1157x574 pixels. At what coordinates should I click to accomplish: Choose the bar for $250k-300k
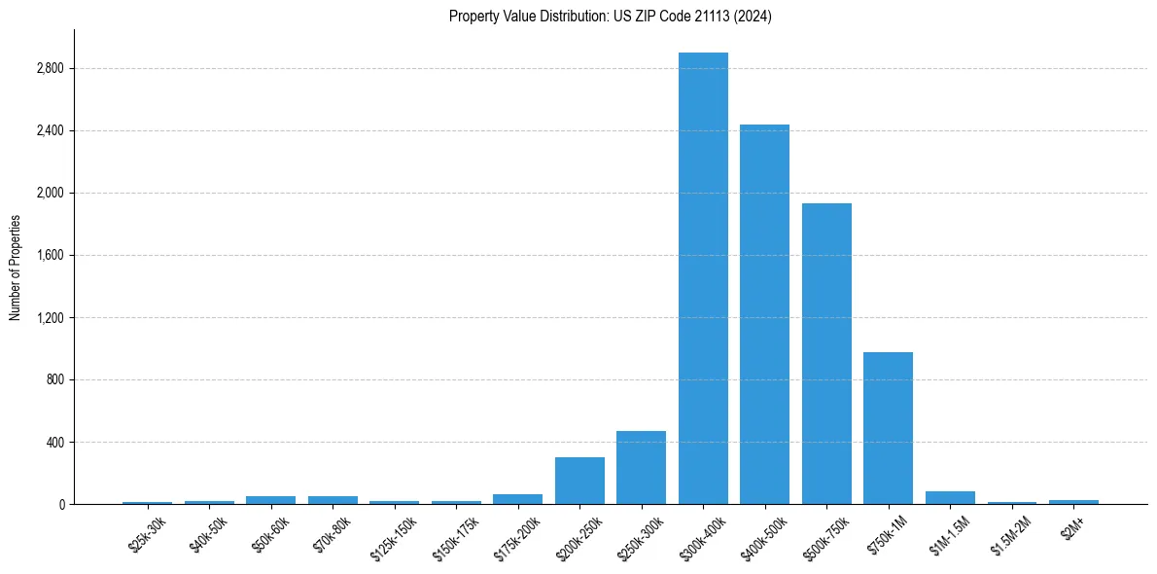(641, 468)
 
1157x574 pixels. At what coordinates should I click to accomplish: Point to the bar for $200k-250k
(579, 481)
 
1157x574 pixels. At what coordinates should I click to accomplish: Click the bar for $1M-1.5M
(950, 497)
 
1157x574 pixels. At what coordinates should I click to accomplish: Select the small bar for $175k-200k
(517, 499)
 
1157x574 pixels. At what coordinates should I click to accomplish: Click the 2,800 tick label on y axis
(50, 69)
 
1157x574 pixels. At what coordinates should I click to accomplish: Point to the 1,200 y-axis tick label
(50, 318)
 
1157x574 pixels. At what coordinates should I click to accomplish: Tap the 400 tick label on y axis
(54, 443)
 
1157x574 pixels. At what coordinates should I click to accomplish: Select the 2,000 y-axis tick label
(50, 194)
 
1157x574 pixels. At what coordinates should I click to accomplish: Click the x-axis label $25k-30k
(148, 536)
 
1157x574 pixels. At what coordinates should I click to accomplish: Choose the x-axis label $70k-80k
(333, 536)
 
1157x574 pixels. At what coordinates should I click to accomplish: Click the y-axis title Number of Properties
(15, 268)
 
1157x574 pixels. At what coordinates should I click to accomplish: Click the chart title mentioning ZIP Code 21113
(610, 17)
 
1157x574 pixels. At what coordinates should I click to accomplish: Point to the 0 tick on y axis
(60, 505)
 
